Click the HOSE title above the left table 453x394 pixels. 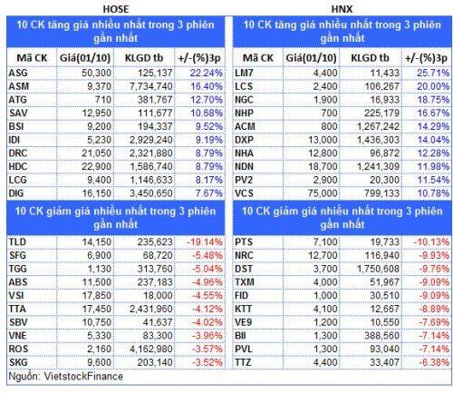[116, 9]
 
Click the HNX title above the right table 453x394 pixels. [342, 9]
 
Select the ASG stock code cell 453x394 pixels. [18, 73]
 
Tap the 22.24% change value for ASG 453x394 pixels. [207, 73]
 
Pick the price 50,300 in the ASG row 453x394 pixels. [96, 73]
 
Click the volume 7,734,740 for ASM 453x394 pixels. [151, 86]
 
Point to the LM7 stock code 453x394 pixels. [244, 73]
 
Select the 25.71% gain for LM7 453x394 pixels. [433, 73]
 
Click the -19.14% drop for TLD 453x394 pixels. [205, 241]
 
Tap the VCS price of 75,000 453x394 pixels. [323, 193]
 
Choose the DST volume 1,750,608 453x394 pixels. [378, 269]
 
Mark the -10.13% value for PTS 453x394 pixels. [431, 241]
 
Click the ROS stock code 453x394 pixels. [18, 349]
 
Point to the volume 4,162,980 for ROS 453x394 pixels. [151, 349]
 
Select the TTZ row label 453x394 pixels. [243, 362]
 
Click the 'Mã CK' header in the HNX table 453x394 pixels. [258, 58]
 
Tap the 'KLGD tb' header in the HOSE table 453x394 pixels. [144, 58]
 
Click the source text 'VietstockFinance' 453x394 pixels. [83, 376]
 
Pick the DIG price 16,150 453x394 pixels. [96, 193]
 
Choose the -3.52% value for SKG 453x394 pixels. [207, 362]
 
